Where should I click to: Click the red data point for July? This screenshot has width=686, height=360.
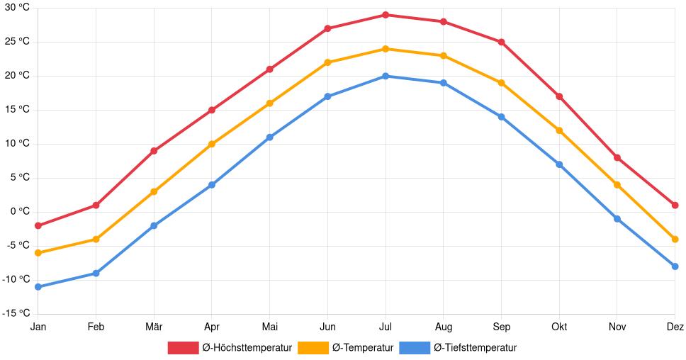386,15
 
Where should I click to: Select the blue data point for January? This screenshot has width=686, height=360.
38,287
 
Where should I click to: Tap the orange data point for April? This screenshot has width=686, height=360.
212,144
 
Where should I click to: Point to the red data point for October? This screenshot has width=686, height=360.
559,96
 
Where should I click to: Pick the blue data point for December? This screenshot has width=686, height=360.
675,266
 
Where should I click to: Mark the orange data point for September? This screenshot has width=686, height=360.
501,83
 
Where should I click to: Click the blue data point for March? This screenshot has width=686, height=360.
154,225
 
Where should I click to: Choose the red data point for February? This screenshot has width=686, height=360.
96,206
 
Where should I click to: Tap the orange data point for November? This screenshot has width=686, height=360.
617,185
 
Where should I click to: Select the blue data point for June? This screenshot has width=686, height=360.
327,96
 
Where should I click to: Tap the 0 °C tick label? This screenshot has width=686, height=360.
20,211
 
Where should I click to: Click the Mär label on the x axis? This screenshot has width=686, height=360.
154,327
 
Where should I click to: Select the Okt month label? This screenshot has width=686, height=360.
559,327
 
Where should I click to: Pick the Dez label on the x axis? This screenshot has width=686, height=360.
675,327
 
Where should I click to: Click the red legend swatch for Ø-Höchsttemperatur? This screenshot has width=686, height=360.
183,347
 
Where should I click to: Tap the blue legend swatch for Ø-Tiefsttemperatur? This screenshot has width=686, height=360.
415,347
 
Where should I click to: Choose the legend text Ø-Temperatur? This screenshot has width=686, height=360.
362,347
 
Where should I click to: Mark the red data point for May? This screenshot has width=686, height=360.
269,69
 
